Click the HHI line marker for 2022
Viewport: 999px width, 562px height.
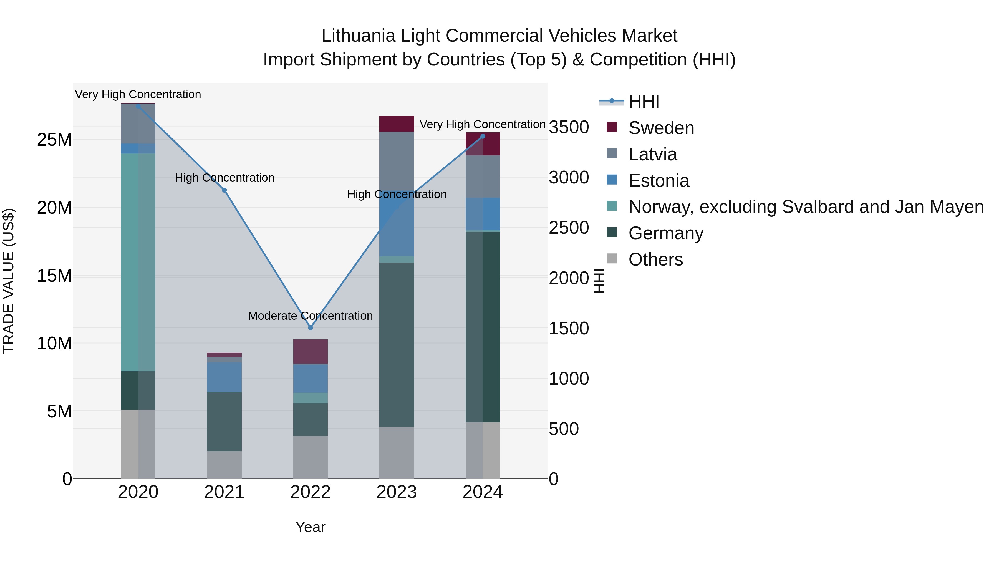pyautogui.click(x=310, y=328)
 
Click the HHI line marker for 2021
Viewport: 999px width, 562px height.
pyautogui.click(x=224, y=190)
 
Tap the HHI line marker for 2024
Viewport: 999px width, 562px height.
pyautogui.click(x=483, y=137)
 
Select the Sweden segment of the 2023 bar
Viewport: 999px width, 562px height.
pyautogui.click(x=396, y=124)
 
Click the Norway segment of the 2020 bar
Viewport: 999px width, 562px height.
pyautogui.click(x=138, y=262)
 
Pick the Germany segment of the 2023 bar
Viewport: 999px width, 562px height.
pyautogui.click(x=396, y=344)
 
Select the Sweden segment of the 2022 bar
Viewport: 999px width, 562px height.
pyautogui.click(x=310, y=351)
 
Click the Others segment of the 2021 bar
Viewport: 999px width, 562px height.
pyautogui.click(x=224, y=465)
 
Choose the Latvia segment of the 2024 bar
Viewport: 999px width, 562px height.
pyautogui.click(x=483, y=177)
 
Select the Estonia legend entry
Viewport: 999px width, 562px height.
pyautogui.click(x=659, y=181)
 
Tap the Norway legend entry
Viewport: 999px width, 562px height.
pyautogui.click(x=806, y=207)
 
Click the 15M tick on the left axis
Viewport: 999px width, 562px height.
pyautogui.click(x=54, y=276)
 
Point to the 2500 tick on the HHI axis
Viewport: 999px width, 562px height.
pyautogui.click(x=569, y=228)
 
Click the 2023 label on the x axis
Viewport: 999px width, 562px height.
pyautogui.click(x=396, y=492)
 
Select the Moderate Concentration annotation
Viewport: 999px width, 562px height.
pyautogui.click(x=310, y=316)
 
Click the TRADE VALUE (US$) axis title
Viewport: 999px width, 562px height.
pyautogui.click(x=9, y=281)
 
